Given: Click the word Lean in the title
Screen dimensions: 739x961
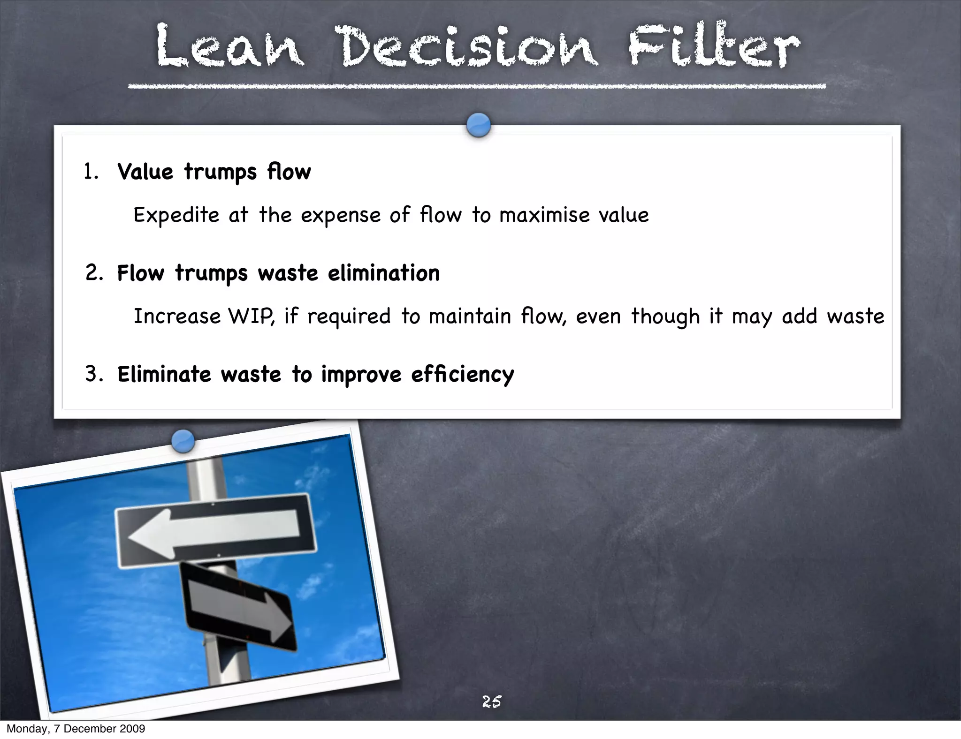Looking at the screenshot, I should point(230,47).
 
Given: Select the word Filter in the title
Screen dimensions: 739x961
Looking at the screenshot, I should point(714,47).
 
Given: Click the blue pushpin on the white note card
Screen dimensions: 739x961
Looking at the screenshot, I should point(479,125).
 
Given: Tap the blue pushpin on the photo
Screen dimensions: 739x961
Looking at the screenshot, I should point(183,441).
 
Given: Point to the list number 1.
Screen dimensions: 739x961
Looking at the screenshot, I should point(91,172).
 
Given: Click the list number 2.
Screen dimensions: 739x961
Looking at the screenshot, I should point(94,273).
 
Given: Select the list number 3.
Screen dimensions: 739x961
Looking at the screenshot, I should point(94,374).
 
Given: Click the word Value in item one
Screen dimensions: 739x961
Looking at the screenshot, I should point(145,172).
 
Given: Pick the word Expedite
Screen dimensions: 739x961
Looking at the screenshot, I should point(176,215).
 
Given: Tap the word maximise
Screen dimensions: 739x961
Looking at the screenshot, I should point(544,215).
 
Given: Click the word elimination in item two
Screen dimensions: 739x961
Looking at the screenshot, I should point(383,273).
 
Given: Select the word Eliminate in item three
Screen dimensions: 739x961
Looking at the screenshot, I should point(164,374).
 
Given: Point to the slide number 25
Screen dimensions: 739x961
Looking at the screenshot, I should point(491,701).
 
